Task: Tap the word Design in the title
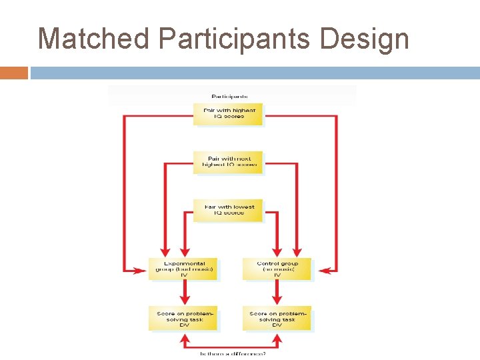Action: click(x=365, y=39)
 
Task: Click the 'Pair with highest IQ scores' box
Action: click(x=228, y=113)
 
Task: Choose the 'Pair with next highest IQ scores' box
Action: click(x=228, y=161)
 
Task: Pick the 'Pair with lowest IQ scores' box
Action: click(x=228, y=211)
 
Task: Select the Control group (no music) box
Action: click(x=277, y=269)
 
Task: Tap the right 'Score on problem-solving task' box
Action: click(x=277, y=318)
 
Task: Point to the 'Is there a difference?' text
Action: click(x=232, y=353)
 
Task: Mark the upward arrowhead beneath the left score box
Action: click(x=183, y=338)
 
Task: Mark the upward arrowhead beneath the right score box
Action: click(x=277, y=338)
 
